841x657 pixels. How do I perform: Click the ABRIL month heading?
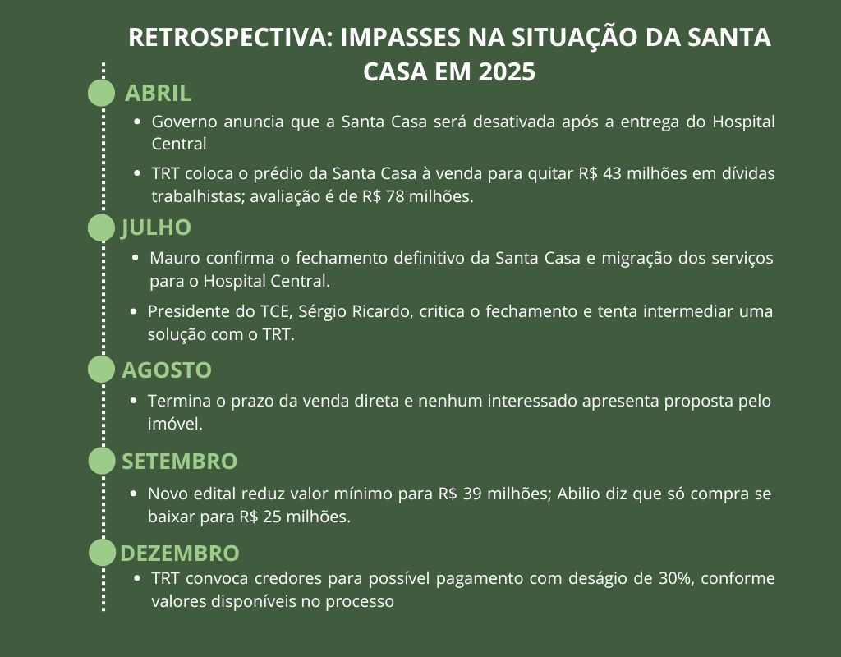[158, 94]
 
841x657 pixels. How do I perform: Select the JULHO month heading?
[156, 227]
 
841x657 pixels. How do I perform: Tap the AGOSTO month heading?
[167, 370]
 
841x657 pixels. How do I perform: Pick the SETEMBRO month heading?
[179, 462]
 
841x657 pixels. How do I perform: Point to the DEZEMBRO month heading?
[180, 553]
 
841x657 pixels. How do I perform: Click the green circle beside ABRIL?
[102, 93]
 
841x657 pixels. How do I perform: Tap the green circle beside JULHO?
[102, 227]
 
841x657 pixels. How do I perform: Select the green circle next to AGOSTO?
[102, 370]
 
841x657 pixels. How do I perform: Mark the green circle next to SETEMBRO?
[102, 461]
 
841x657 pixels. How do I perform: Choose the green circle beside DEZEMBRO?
[102, 553]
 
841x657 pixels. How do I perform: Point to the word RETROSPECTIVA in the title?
[227, 38]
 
